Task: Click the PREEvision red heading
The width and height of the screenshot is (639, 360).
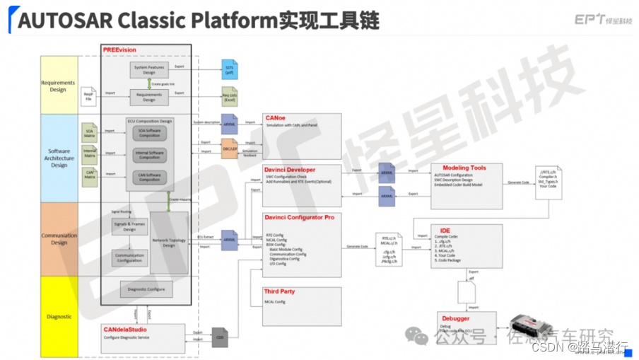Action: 119,50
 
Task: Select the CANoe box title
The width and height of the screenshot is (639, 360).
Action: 275,118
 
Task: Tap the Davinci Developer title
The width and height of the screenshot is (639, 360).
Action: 290,170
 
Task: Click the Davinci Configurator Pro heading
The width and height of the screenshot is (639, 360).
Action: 299,217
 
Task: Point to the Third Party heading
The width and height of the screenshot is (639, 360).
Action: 279,291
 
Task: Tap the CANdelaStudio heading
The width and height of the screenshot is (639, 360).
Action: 129,330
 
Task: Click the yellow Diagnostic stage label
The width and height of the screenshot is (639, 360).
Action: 59,316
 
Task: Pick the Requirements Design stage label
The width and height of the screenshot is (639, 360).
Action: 59,86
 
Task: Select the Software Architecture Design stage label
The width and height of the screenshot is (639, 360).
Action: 59,158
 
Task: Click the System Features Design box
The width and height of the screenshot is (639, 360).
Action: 148,69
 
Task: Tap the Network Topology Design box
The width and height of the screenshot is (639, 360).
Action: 169,243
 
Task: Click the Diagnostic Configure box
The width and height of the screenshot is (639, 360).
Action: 146,289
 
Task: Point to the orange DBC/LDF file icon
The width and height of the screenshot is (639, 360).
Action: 229,148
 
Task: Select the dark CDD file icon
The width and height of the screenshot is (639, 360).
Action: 220,336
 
